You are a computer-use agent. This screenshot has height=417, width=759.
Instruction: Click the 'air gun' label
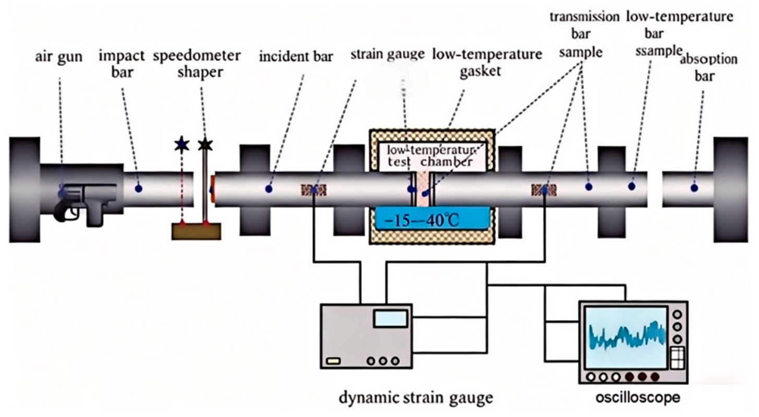pos(58,56)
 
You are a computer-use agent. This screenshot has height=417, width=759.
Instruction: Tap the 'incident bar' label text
pos(296,56)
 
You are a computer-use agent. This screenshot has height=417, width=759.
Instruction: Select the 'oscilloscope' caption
pos(637,397)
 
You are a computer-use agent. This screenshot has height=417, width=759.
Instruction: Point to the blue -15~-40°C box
pos(432,219)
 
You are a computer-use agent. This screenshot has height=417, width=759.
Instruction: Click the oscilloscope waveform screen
pos(627,338)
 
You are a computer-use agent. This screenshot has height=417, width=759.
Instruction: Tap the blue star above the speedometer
pos(182,145)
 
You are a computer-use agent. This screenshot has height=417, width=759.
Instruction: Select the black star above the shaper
pos(205,145)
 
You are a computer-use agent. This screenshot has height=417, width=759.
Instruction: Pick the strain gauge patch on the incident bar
pos(314,190)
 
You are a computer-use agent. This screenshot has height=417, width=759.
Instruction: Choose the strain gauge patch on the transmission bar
pos(544,190)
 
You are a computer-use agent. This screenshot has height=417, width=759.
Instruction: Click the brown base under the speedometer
pos(196,232)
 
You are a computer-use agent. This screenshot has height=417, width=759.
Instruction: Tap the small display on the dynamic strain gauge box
pos(390,319)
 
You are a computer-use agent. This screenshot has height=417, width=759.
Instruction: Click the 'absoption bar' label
pos(708,67)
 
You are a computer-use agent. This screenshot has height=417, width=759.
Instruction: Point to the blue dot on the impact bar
pos(138,188)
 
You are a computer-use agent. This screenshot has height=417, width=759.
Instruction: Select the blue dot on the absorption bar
pos(694,188)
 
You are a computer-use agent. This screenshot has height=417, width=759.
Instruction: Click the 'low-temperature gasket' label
pos(487,63)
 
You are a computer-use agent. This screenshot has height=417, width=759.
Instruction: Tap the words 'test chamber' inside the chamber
pos(430,162)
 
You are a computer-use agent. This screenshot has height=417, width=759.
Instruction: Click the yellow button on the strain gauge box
pos(333,361)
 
